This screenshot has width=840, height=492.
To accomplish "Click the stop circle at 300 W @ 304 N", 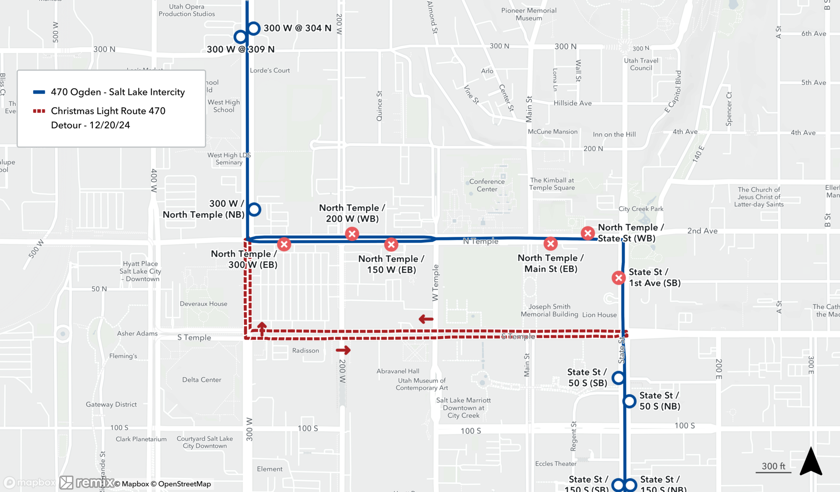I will [254, 28].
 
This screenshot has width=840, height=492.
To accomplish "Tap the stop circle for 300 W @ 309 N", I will [240, 37].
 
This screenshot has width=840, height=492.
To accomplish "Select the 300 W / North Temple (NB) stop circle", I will [254, 209].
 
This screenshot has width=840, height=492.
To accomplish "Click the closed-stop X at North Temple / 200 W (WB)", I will [352, 234].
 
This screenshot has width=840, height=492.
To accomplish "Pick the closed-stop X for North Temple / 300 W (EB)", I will [284, 244].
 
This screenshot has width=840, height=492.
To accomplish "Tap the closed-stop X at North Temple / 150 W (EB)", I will [391, 244].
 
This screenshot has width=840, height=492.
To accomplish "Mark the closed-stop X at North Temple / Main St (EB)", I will [551, 243].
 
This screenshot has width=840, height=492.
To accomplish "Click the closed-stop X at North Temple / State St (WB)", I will [588, 233].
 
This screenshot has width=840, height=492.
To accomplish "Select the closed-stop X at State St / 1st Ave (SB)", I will [619, 277].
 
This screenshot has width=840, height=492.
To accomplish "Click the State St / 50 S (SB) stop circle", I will [618, 378].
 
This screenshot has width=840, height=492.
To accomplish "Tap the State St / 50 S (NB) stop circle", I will [629, 401].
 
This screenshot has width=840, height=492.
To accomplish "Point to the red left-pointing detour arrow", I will [426, 319].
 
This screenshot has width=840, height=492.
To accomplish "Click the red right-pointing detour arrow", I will [343, 350].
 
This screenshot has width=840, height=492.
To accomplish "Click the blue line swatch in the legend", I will [39, 92].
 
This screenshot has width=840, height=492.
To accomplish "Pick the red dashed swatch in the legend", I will [39, 111].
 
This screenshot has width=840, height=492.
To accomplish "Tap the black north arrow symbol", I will [811, 462].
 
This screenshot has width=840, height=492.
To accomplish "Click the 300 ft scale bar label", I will [773, 466].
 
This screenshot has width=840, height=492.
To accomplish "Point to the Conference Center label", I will [487, 185].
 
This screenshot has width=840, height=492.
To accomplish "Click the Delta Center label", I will [202, 379].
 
